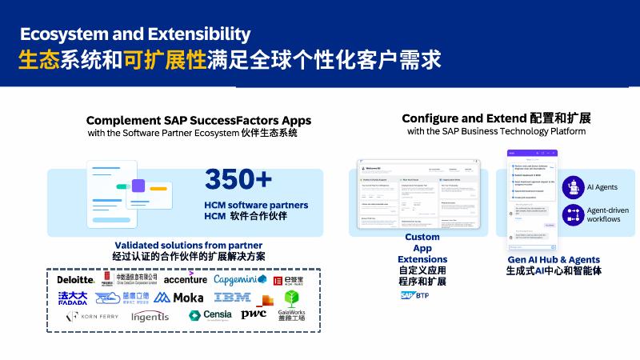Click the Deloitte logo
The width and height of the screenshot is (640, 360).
[x=76, y=280]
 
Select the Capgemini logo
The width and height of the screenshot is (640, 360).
[x=240, y=279]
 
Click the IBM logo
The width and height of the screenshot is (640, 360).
[x=233, y=298]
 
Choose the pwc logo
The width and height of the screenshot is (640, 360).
[x=254, y=314]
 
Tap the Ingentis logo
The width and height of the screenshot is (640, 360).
[x=150, y=316]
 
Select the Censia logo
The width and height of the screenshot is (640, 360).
[x=210, y=315]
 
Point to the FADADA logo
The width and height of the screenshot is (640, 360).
[x=73, y=298]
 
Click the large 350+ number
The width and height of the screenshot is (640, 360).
[x=238, y=179]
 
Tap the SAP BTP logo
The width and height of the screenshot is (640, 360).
[x=415, y=295]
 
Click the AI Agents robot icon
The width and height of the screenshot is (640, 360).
[x=573, y=186]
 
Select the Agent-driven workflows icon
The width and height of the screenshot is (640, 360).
[x=573, y=214]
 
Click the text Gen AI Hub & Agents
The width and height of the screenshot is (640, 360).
[x=554, y=260]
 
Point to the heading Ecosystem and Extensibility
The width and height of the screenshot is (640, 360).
[x=135, y=34]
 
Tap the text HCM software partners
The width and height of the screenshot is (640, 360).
[x=255, y=205]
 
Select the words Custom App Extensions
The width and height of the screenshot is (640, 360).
[x=422, y=248]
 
